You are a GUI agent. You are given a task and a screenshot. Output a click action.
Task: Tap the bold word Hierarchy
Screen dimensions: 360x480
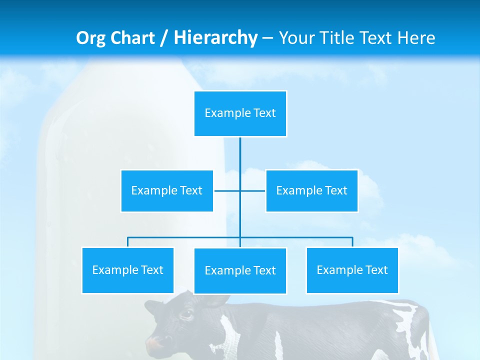coord(215,38)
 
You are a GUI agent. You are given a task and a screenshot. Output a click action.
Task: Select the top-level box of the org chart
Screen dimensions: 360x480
coord(240,113)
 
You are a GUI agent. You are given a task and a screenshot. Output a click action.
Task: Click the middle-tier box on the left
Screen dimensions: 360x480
coord(167,191)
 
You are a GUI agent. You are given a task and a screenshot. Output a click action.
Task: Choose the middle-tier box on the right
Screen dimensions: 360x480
coord(311,191)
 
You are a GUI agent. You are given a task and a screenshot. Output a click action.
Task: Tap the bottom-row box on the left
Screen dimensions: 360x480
coord(127,270)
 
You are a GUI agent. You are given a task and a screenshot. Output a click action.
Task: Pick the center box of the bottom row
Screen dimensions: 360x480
coord(240,271)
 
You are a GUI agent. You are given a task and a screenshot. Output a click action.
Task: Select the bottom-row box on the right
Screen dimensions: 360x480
coord(352,270)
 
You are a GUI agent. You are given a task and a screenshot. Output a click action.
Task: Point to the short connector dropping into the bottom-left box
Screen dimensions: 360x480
coord(127,242)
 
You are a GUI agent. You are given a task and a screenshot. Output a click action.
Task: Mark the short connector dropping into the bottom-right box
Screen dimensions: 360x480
coord(352,242)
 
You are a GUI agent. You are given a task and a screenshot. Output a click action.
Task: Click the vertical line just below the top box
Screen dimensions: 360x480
coord(240,150)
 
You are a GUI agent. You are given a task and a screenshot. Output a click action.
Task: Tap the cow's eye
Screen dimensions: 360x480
coord(186,315)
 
